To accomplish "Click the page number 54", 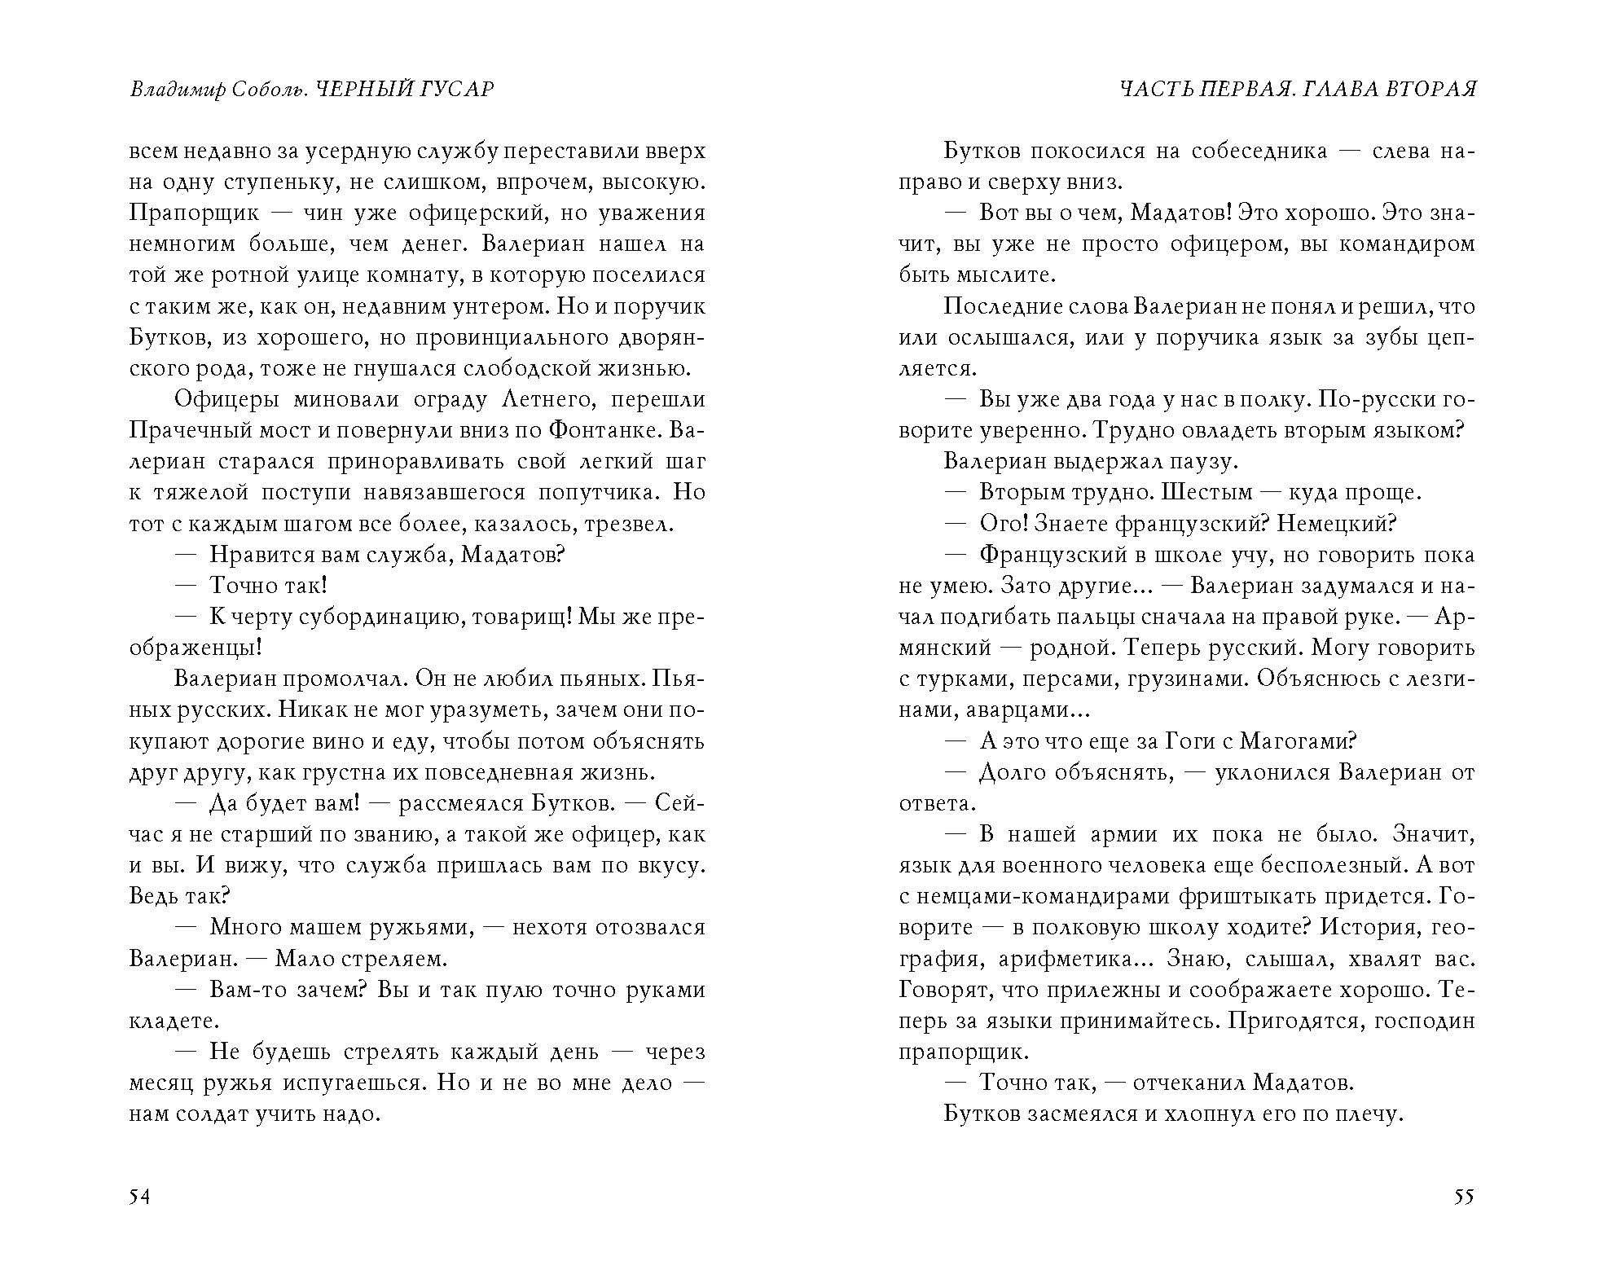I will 139,1197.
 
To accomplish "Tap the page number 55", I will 1464,1197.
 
